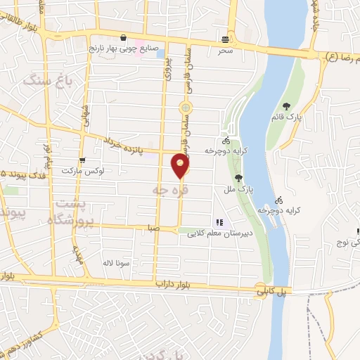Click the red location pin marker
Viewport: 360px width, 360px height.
pos(181,165)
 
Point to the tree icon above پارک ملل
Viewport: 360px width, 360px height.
pos(239,179)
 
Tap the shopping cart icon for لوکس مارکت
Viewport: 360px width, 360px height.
pos(83,161)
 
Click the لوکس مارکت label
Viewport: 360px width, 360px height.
pos(82,171)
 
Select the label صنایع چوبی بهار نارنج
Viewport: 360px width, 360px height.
pos(124,49)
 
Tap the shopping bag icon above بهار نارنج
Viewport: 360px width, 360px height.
pos(124,39)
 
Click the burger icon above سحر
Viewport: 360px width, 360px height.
pos(225,39)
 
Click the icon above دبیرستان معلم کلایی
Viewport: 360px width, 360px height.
pos(219,223)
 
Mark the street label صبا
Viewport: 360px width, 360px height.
pos(153,229)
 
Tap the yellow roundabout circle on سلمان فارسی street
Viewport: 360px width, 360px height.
pos(185,108)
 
